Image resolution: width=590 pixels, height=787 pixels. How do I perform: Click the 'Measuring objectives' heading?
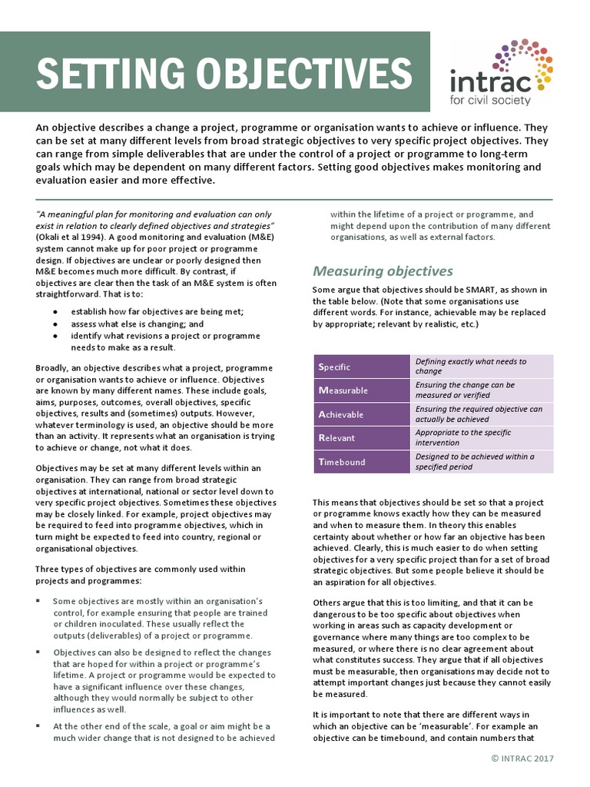[383, 271]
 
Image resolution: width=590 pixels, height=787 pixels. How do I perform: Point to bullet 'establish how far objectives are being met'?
[157, 312]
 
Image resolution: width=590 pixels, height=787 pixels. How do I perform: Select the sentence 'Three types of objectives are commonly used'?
[141, 569]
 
